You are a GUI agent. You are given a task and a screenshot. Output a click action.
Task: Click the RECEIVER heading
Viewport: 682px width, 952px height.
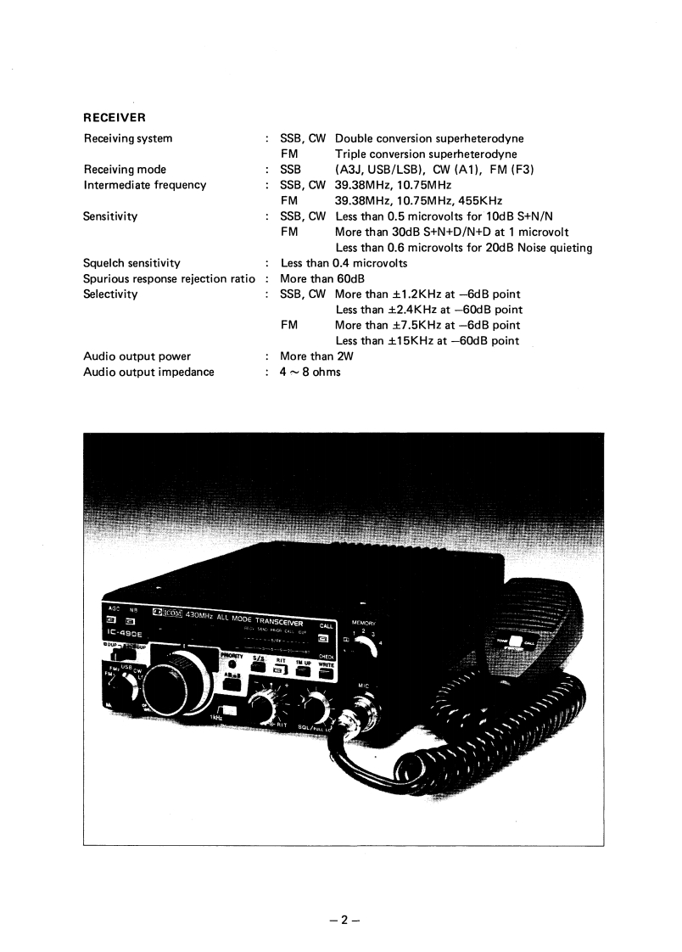pyautogui.click(x=114, y=117)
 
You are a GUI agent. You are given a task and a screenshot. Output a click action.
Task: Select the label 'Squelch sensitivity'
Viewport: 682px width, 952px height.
pyautogui.click(x=131, y=263)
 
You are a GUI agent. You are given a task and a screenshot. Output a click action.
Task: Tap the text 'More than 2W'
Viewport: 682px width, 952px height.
pyautogui.click(x=316, y=356)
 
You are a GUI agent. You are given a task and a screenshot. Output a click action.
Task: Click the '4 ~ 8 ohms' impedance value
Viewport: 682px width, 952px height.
pyautogui.click(x=310, y=372)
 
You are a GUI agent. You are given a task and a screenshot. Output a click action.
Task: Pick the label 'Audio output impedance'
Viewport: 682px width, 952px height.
pyautogui.click(x=148, y=372)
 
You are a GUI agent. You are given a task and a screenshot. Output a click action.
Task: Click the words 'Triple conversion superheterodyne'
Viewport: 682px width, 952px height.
pyautogui.click(x=426, y=154)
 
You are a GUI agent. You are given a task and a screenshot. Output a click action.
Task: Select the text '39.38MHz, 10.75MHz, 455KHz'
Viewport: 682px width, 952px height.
pyautogui.click(x=418, y=200)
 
